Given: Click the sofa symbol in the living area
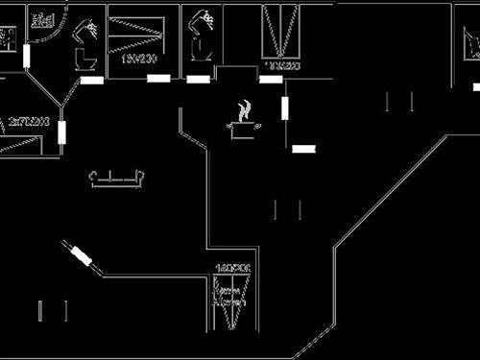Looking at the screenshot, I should pyautogui.click(x=117, y=178).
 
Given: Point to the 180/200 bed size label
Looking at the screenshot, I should pyautogui.click(x=139, y=58).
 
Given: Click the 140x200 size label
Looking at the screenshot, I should pyautogui.click(x=232, y=268).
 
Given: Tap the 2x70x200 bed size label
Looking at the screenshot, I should pyautogui.click(x=28, y=122).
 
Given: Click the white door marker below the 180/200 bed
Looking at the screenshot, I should pyautogui.click(x=158, y=79).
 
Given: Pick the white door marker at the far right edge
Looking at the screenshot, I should pyautogui.click(x=476, y=86).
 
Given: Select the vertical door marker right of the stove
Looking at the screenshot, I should pyautogui.click(x=284, y=107).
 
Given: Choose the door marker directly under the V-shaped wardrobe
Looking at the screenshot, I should pyautogui.click(x=271, y=79).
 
